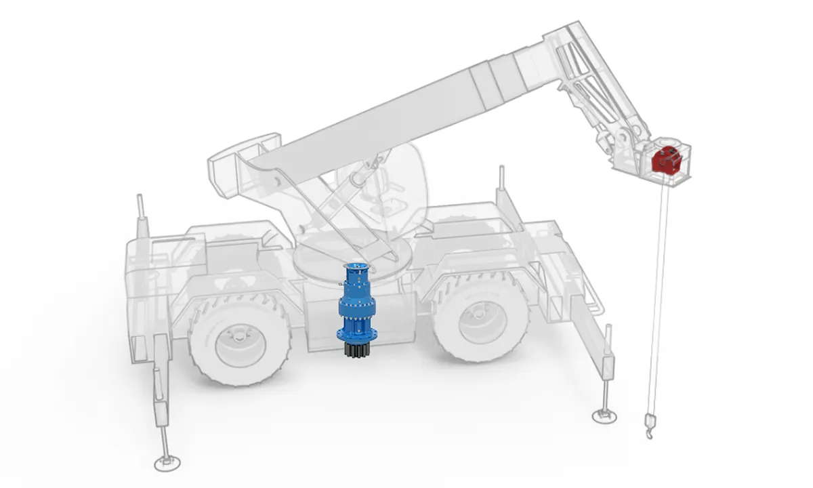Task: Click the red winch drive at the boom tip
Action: tap(665, 161)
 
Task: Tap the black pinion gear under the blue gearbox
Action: tap(356, 351)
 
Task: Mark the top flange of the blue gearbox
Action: tap(356, 265)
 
